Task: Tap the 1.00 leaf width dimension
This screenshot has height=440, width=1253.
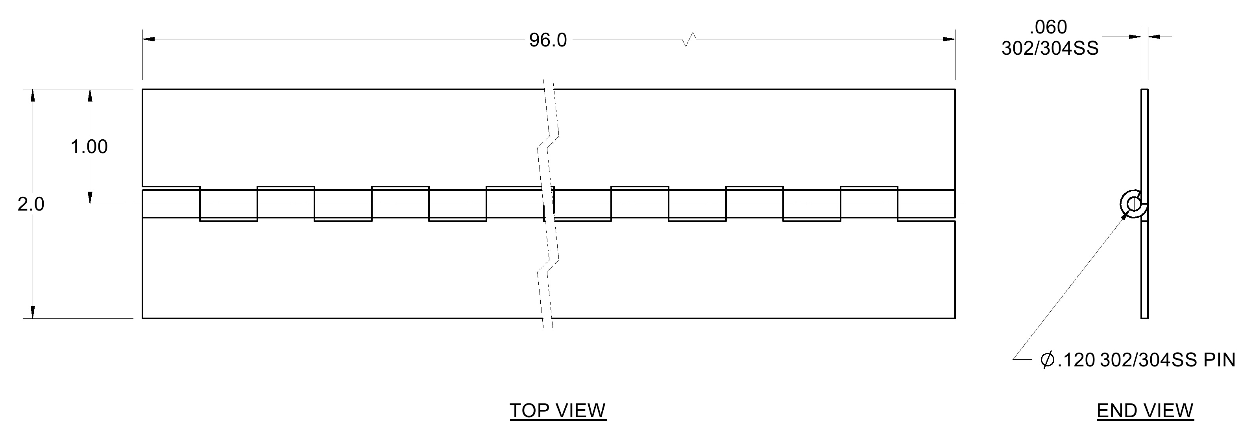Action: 89,147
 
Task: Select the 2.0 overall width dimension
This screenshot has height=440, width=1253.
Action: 31,205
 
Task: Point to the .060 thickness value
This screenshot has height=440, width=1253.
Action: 1048,27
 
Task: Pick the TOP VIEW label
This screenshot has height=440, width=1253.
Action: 558,411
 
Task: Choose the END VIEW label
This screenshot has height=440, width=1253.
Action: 1145,411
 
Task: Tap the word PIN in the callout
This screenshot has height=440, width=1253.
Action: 1220,360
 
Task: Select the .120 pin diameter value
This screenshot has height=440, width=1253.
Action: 1076,360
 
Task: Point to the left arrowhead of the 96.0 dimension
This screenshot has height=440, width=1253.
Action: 148,39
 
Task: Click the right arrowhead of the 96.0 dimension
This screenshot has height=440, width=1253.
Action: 949,39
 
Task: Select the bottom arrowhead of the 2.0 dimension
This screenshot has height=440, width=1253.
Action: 33,312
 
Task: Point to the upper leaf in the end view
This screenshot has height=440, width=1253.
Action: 1144,146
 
